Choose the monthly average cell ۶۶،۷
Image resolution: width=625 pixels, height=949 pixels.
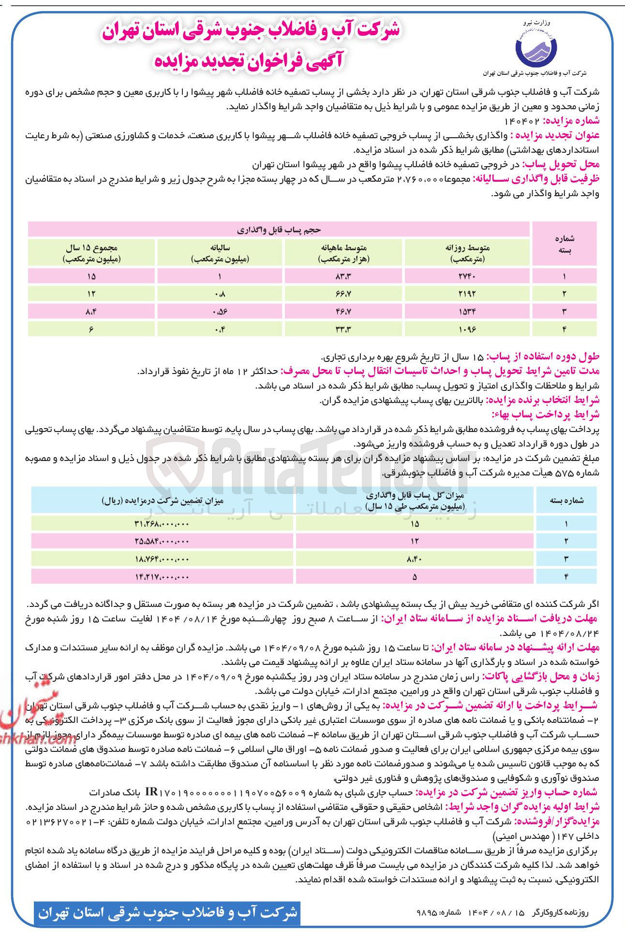click(343, 293)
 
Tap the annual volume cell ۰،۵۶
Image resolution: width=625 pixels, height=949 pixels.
click(219, 311)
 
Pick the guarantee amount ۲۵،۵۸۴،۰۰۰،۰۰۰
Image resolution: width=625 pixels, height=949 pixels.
click(162, 541)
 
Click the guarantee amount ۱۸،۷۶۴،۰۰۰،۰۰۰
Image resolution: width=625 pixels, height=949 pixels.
click(162, 559)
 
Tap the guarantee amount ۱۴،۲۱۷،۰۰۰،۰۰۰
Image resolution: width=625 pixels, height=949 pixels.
click(162, 576)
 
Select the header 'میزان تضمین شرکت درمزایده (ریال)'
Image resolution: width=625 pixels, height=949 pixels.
click(163, 501)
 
